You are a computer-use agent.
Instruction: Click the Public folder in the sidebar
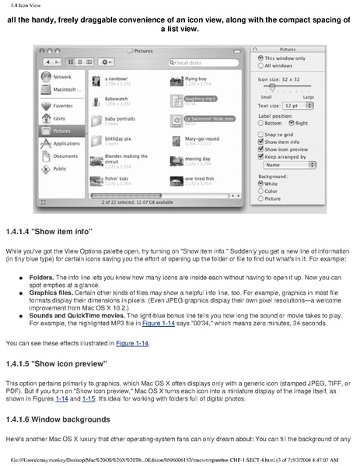[58, 168]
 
